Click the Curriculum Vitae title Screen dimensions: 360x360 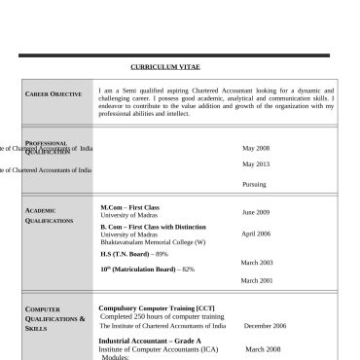(180, 66)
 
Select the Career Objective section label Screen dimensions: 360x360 (54, 93)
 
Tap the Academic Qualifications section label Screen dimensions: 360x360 (50, 215)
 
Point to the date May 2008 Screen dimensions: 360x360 (256, 148)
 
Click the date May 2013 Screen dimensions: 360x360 (256, 164)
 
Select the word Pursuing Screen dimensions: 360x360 (254, 184)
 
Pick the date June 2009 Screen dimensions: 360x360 (256, 211)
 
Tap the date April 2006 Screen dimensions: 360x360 (256, 234)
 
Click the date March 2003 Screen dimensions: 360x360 (257, 263)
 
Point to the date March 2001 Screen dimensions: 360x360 (257, 280)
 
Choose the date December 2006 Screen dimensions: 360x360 (265, 326)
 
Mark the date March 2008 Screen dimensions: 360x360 (262, 348)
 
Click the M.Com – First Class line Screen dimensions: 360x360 (129, 207)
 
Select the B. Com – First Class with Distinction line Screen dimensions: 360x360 (153, 227)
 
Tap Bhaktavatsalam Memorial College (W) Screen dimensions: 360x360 (153, 241)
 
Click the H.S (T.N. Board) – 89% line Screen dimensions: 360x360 (127, 254)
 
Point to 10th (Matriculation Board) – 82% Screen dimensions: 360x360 (147, 269)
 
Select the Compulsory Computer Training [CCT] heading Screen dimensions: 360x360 (157, 308)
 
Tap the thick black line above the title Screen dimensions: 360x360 (173, 55)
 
